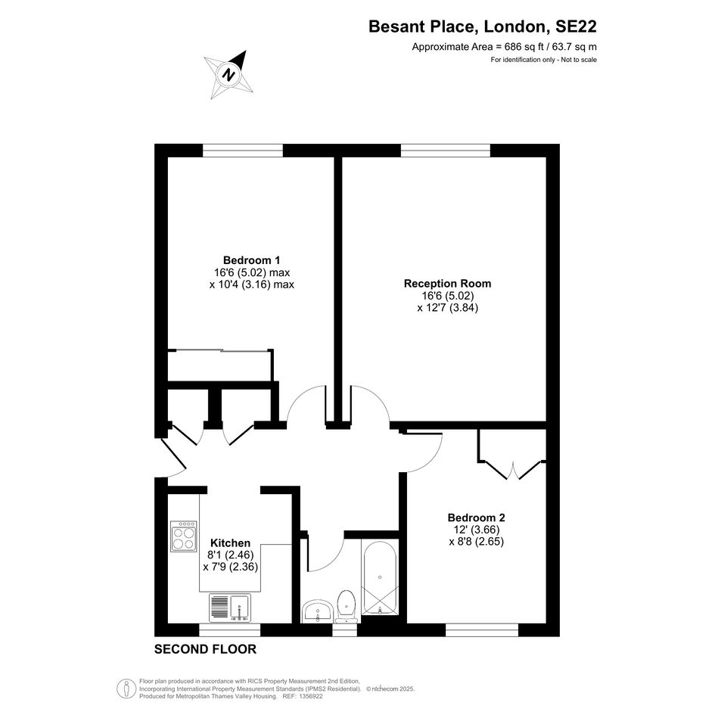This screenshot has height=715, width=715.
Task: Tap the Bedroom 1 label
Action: (x=251, y=260)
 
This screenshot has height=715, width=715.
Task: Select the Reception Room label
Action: (x=447, y=284)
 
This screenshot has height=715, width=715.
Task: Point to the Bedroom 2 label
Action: (x=476, y=518)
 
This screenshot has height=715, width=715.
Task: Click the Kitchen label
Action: (x=230, y=543)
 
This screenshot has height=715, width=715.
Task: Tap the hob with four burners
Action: (x=184, y=536)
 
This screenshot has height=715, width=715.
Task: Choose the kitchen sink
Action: (x=230, y=608)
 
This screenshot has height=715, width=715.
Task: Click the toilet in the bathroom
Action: (x=346, y=607)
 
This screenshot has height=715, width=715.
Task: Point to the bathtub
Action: (x=381, y=577)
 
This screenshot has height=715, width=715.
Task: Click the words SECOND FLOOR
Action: (x=205, y=649)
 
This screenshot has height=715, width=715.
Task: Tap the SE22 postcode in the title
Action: (x=576, y=26)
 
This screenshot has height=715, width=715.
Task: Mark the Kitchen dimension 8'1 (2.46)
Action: (x=230, y=555)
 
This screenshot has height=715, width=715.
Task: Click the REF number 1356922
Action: (x=310, y=696)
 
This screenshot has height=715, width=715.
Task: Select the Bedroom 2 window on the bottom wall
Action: (x=482, y=630)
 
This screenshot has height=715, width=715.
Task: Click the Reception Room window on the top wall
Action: (x=446, y=151)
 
